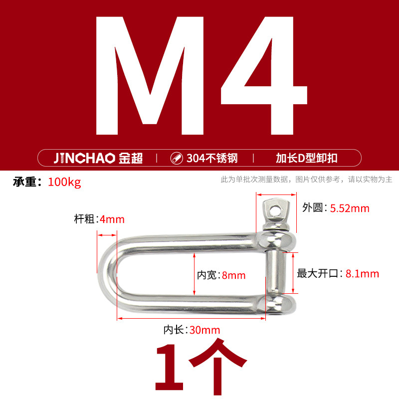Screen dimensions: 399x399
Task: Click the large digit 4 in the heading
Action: [x=263, y=80]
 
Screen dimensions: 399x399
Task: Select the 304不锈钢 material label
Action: [x=212, y=159]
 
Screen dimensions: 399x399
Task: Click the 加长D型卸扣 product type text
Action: [x=307, y=159]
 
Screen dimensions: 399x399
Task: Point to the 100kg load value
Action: [x=64, y=182]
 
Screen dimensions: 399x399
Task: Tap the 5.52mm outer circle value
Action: [x=350, y=208]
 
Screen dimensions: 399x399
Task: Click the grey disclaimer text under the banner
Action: [x=306, y=180]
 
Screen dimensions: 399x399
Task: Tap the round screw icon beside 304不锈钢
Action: [x=176, y=159]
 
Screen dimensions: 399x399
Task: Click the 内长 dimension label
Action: [x=175, y=330]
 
